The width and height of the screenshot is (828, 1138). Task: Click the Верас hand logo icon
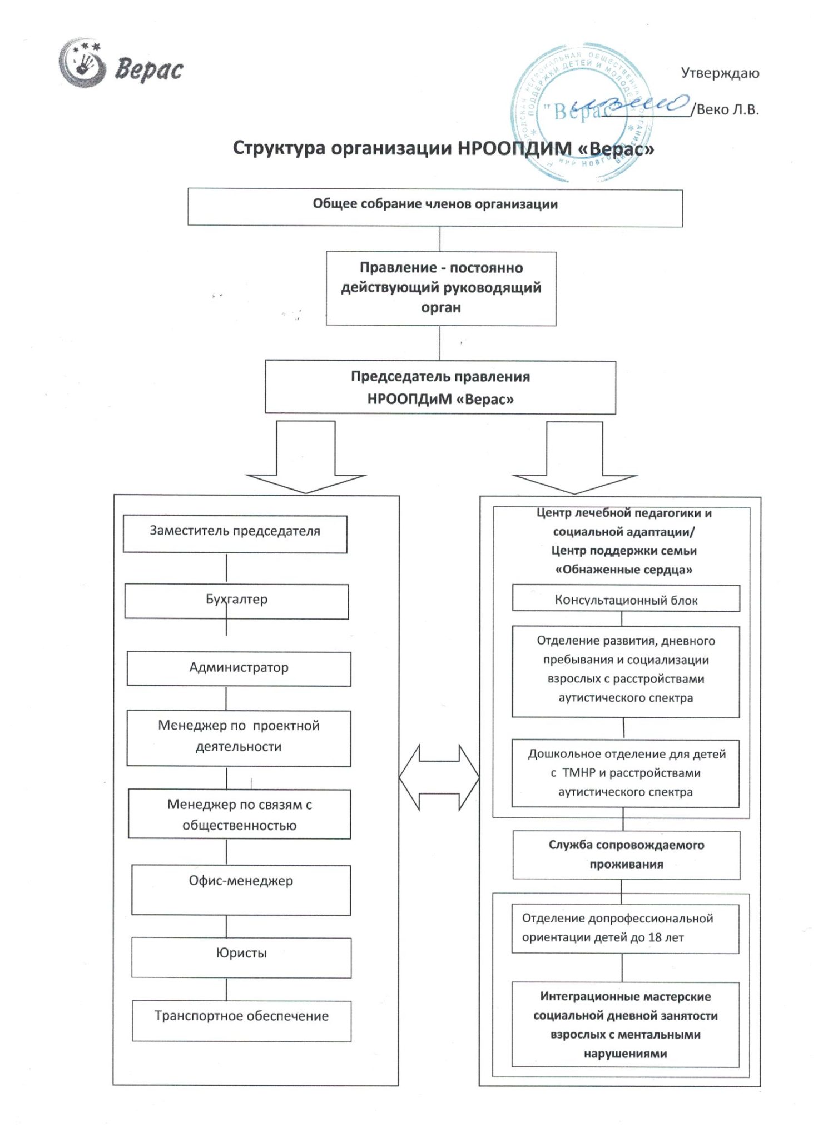(x=82, y=63)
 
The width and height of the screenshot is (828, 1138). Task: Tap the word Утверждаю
(x=720, y=73)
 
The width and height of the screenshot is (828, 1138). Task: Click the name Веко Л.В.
(x=727, y=109)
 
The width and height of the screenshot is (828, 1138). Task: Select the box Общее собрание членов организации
(x=435, y=207)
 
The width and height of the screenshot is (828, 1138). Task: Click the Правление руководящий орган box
(x=441, y=288)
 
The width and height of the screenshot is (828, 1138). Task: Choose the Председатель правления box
(x=440, y=387)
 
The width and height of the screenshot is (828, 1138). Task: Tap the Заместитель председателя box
(x=235, y=534)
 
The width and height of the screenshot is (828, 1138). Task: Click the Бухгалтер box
(x=236, y=601)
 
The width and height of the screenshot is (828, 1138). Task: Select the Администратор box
(x=239, y=668)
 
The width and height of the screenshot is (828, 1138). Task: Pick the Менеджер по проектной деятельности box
(x=239, y=738)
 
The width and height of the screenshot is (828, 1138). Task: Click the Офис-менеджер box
(x=241, y=890)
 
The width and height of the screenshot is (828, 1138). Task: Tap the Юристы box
(x=241, y=957)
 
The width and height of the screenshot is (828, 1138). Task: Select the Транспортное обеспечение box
(x=241, y=1021)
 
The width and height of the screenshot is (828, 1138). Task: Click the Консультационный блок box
(x=626, y=598)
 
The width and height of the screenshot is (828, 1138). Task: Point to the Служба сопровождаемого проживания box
(x=626, y=855)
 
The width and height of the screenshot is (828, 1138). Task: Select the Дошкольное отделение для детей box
(x=626, y=773)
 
